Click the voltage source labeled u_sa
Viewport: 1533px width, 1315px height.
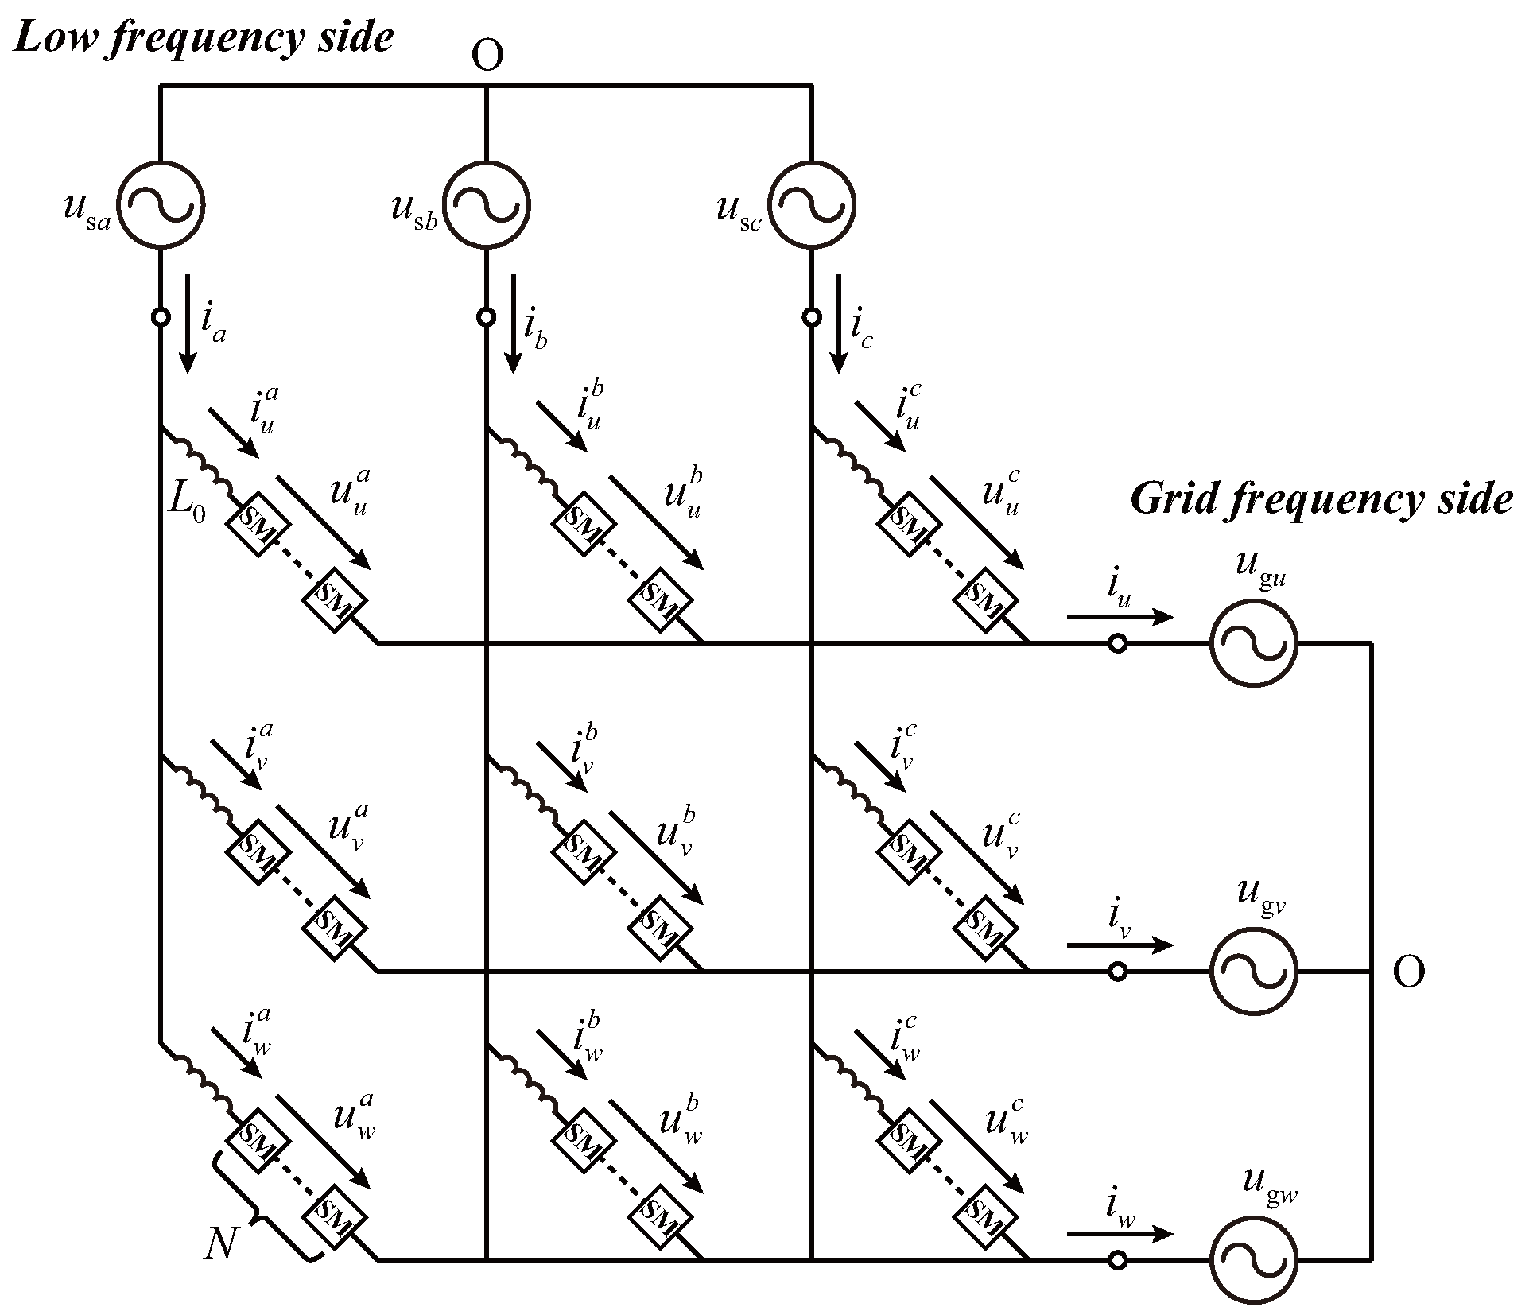click(161, 206)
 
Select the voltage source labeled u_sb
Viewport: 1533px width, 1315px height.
click(486, 206)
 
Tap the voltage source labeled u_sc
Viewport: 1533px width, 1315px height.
click(812, 206)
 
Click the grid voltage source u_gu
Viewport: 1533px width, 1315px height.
click(1254, 642)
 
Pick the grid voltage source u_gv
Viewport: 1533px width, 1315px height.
click(1254, 971)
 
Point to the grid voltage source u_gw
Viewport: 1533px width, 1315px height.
click(1254, 1259)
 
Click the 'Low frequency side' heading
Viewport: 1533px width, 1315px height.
click(204, 38)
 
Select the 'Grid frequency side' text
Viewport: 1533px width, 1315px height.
click(1321, 499)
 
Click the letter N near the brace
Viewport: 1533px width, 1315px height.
click(220, 1242)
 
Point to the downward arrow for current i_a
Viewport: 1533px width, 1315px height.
click(188, 324)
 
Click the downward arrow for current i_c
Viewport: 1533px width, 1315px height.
click(838, 324)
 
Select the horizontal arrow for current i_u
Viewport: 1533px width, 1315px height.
click(1120, 617)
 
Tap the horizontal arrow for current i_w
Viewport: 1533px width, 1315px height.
click(1120, 1234)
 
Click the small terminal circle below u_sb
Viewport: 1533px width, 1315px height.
click(486, 317)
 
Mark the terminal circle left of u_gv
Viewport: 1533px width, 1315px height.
click(1117, 971)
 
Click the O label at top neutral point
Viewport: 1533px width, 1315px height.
click(487, 56)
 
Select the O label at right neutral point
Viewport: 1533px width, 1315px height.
click(1408, 972)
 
